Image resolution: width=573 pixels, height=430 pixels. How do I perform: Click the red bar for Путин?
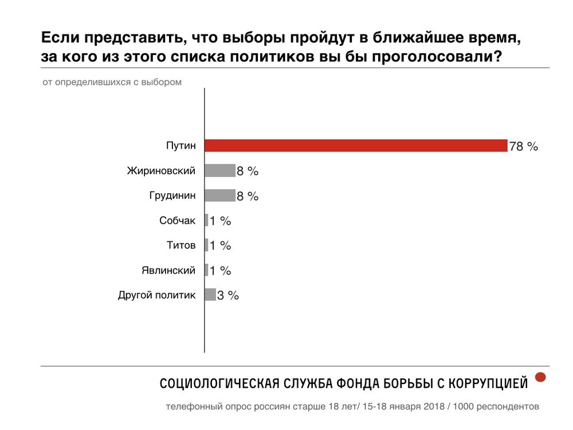(356, 146)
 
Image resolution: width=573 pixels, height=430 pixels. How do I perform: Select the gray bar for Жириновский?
(220, 171)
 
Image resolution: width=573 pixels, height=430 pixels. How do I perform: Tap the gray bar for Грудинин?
(220, 196)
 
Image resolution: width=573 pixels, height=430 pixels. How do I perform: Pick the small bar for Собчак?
(206, 220)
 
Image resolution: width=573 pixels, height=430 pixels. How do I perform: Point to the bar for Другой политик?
(210, 295)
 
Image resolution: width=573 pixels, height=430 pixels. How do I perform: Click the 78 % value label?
(524, 146)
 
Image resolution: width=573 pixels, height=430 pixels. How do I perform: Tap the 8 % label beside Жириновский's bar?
(248, 171)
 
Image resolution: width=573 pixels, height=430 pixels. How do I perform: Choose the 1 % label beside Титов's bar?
(220, 245)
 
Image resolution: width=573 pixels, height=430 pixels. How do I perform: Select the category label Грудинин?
(172, 196)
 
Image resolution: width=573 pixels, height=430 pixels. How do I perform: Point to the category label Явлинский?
(168, 270)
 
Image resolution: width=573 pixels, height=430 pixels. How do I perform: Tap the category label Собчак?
(178, 220)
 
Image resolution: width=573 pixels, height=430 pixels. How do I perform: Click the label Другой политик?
(157, 295)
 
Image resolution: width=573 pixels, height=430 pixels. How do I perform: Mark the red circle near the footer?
(540, 377)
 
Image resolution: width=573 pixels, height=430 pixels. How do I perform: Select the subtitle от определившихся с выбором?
(112, 82)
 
